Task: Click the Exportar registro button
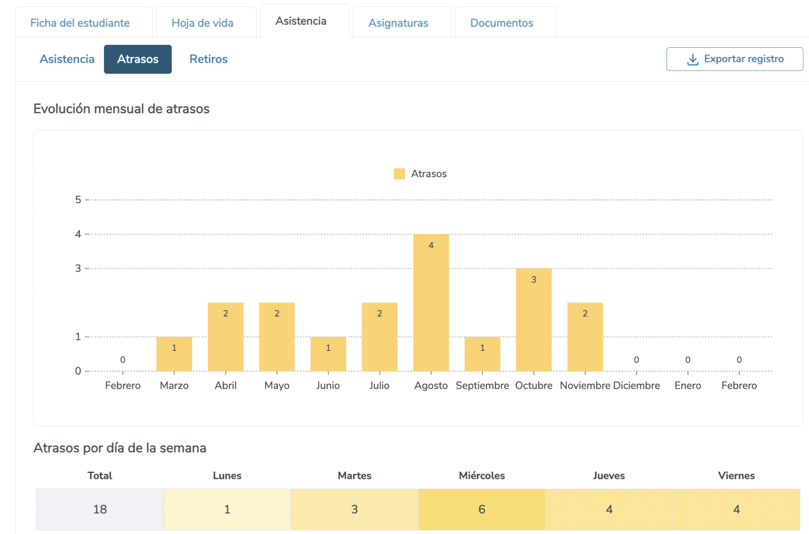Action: point(734,59)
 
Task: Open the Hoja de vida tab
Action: point(202,23)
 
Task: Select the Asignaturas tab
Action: point(398,23)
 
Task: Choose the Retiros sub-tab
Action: point(208,59)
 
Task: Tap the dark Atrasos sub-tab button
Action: point(138,59)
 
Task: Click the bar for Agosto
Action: point(431,302)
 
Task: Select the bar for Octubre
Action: point(533,319)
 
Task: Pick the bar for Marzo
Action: point(174,353)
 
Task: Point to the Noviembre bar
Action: point(585,337)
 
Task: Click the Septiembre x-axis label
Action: point(482,385)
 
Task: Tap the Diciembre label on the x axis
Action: point(636,385)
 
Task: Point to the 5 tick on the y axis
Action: point(78,199)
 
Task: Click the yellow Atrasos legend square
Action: point(399,174)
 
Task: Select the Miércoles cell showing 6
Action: point(481,509)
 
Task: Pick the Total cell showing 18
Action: point(100,509)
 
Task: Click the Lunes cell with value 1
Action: point(227,509)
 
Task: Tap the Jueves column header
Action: point(609,476)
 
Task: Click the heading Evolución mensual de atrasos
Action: point(121,109)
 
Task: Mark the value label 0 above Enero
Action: point(687,359)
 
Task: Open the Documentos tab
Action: point(501,23)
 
